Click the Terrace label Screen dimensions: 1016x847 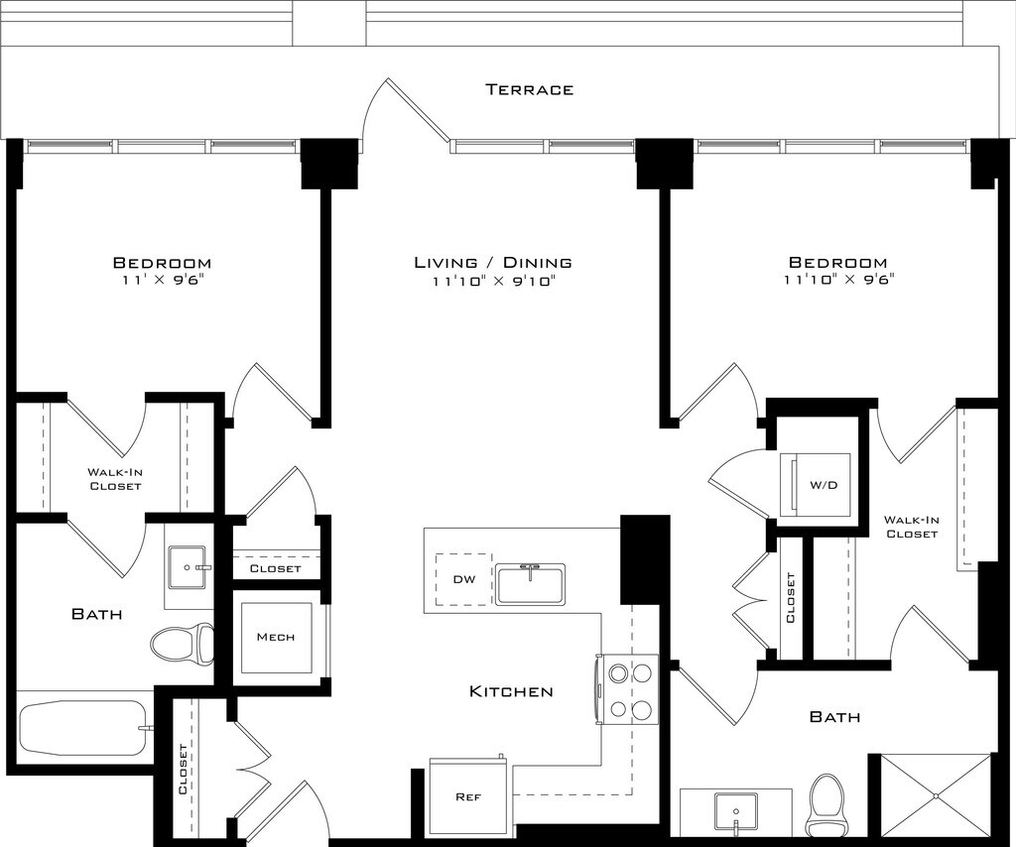(530, 89)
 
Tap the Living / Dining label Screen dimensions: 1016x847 (493, 262)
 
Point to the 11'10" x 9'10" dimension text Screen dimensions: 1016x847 (493, 281)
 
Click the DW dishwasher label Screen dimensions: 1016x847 (464, 579)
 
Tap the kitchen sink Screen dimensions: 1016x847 (531, 584)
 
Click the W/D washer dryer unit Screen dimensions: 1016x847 (816, 484)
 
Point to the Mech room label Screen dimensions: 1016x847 (276, 637)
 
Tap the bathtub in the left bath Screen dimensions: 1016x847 (84, 728)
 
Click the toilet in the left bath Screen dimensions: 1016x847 (183, 644)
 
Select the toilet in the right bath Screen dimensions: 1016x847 (825, 805)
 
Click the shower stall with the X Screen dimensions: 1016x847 (935, 794)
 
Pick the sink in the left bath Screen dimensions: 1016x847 (188, 567)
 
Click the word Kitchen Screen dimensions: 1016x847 (511, 691)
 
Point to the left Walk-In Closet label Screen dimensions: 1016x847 (115, 479)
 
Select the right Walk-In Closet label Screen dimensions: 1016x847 (912, 527)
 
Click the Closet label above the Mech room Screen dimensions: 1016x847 (276, 568)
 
